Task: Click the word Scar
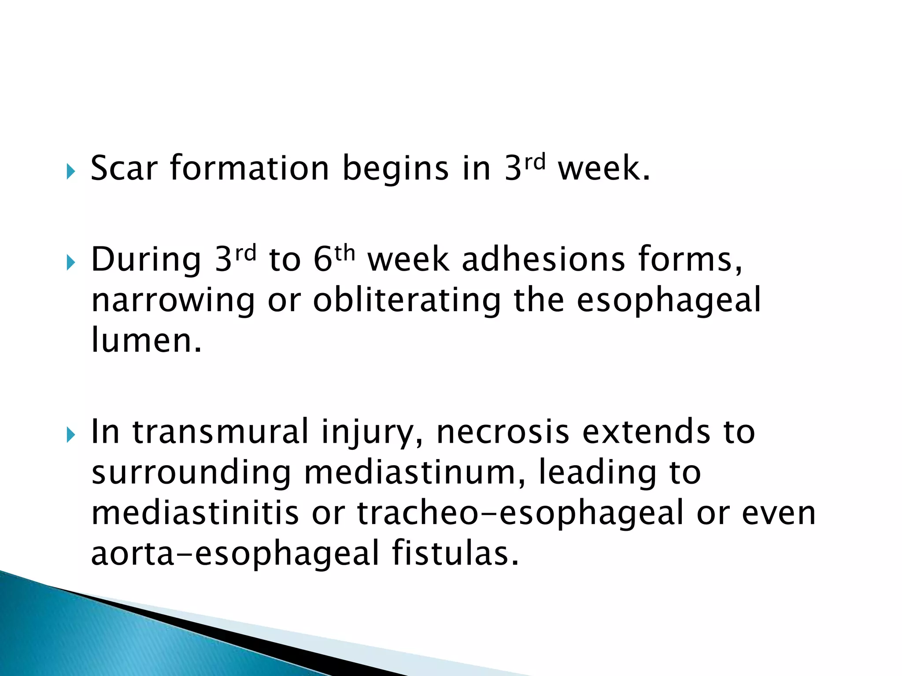coord(124,169)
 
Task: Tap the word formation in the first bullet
coord(249,169)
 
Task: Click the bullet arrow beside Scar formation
coord(70,172)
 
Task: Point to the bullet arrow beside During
coord(70,263)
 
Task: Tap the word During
coord(146,260)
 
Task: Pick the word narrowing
coord(173,301)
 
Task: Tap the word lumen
coord(146,341)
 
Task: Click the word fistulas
coord(455,553)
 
